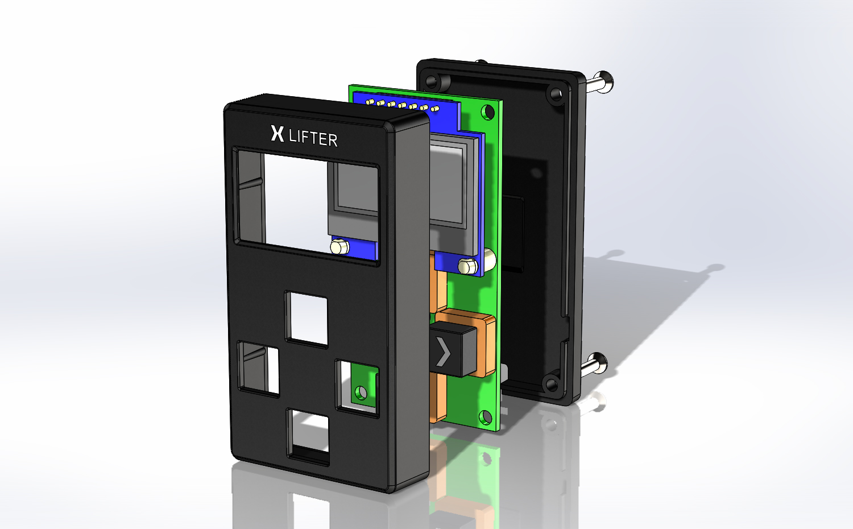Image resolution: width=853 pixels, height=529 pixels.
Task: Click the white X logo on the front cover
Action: pyautogui.click(x=278, y=133)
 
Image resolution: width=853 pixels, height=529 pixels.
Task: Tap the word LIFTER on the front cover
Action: pyautogui.click(x=313, y=138)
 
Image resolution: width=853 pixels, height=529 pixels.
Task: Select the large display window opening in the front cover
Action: pyautogui.click(x=306, y=206)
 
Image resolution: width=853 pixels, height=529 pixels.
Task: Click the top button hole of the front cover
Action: pyautogui.click(x=307, y=320)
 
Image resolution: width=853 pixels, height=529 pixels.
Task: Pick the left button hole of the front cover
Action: pyautogui.click(x=259, y=369)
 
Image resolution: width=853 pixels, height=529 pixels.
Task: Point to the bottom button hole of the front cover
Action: pyautogui.click(x=308, y=437)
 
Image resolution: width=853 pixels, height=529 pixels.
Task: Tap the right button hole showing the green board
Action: pyautogui.click(x=358, y=388)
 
